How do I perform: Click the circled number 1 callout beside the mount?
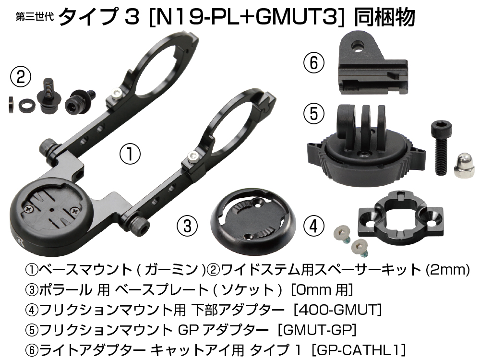tap(130, 154)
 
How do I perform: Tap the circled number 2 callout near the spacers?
tap(21, 77)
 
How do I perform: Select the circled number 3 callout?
tap(187, 226)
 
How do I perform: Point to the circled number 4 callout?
tap(314, 226)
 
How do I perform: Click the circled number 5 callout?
tap(314, 114)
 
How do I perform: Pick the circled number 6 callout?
tap(314, 63)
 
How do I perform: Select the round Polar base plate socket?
tap(253, 222)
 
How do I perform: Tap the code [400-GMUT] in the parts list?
tap(337, 310)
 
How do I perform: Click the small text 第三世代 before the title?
tap(35, 16)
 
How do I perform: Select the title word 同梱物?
tap(385, 17)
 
